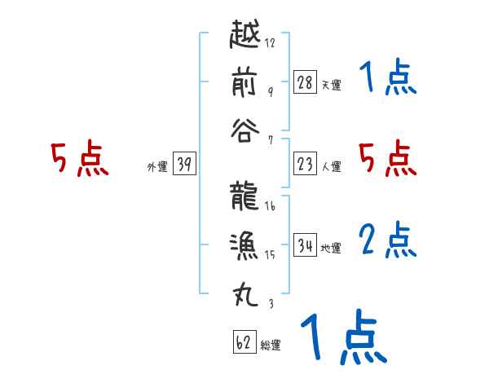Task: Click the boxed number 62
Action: [x=244, y=342]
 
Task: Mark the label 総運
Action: [x=271, y=346]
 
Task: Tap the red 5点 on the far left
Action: [x=79, y=159]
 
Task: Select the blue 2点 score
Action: [x=388, y=240]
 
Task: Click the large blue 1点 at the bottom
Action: [x=342, y=338]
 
